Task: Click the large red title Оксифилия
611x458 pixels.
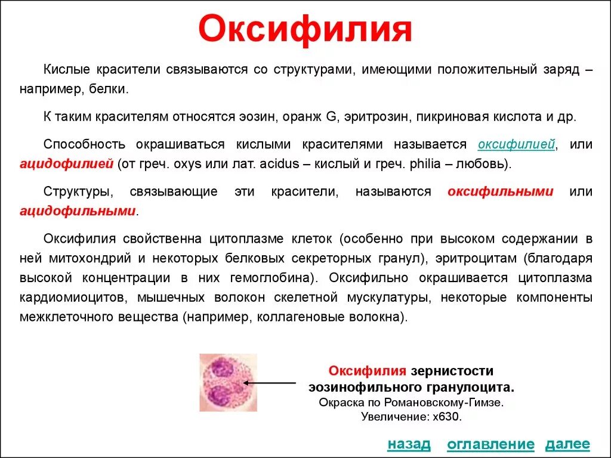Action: click(x=305, y=30)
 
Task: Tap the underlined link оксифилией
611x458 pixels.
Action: click(x=517, y=145)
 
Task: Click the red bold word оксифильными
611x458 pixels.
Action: click(x=500, y=192)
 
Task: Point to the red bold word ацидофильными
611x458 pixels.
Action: click(x=78, y=211)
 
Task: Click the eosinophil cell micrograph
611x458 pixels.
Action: click(x=228, y=382)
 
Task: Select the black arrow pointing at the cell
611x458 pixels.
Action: click(x=272, y=382)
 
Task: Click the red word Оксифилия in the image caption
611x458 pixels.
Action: click(x=368, y=372)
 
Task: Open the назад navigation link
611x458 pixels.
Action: click(x=409, y=444)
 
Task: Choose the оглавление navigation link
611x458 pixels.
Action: click(x=490, y=444)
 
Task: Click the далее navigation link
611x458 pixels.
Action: click(x=567, y=444)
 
